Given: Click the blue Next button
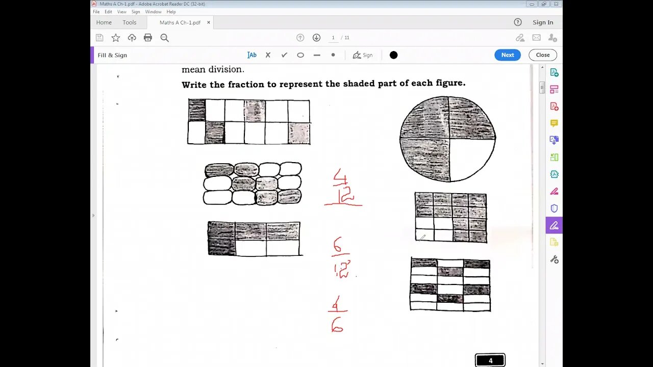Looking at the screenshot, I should (x=507, y=55).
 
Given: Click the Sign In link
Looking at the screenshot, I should (x=543, y=22).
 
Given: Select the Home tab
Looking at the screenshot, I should (x=104, y=22).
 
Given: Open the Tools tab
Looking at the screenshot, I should (x=130, y=22).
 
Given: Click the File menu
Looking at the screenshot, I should (x=96, y=12).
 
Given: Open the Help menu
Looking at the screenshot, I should (x=171, y=12).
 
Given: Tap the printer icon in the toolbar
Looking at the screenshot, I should (x=148, y=38).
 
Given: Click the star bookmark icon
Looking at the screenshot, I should (x=116, y=38).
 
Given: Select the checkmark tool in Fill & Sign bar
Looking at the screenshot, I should (x=284, y=55).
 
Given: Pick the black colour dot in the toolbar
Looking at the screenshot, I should (x=393, y=55).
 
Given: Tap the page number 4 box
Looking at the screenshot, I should (x=490, y=360).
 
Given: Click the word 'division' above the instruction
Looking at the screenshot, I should (x=227, y=69).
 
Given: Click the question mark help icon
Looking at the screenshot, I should (x=518, y=22).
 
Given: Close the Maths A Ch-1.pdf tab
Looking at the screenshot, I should (x=208, y=22).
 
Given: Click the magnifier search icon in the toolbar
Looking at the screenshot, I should (x=164, y=38).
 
